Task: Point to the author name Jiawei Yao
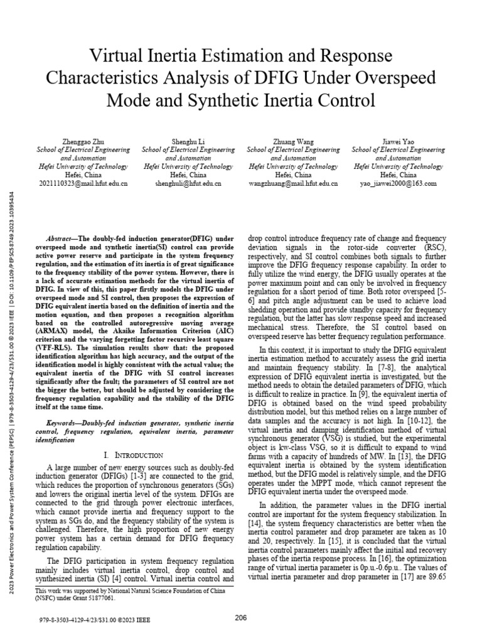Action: coord(398,143)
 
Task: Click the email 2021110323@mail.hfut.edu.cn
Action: coord(83,184)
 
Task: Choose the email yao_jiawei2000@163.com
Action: coord(398,184)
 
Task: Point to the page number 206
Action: coord(240,619)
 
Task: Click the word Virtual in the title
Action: coord(118,55)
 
